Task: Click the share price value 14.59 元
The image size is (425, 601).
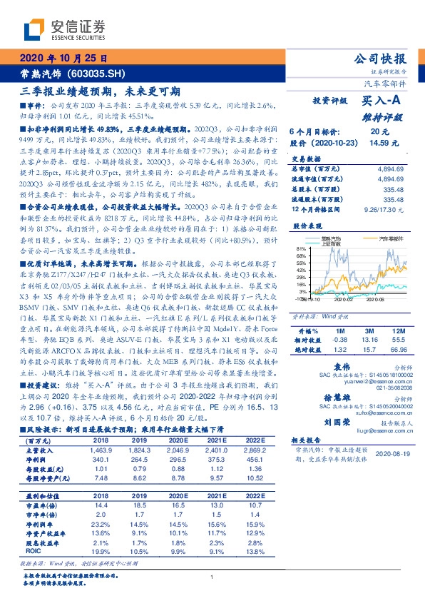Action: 379,143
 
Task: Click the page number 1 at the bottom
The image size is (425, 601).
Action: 212,577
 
